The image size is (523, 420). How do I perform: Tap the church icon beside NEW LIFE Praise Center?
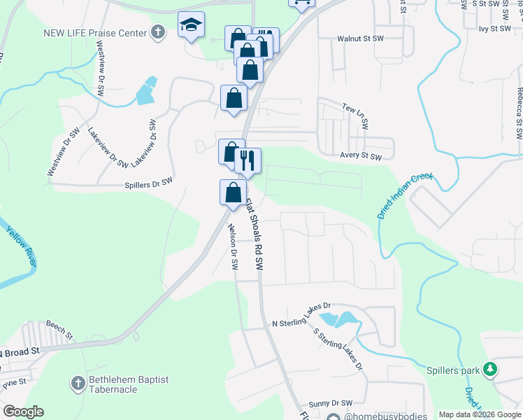[x=159, y=31]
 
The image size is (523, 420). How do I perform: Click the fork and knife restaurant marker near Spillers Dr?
[x=248, y=161]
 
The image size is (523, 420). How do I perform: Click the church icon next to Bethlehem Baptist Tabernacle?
[x=78, y=383]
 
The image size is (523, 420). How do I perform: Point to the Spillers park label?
[x=454, y=369]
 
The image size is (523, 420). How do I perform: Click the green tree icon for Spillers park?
[x=491, y=368]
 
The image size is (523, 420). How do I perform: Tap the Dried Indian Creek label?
[x=406, y=197]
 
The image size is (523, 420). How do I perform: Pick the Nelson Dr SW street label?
[x=233, y=247]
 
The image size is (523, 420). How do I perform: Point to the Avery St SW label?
[x=361, y=157]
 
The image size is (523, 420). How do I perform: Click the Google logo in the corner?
[x=23, y=412]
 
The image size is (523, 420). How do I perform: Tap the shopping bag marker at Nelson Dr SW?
[x=233, y=192]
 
